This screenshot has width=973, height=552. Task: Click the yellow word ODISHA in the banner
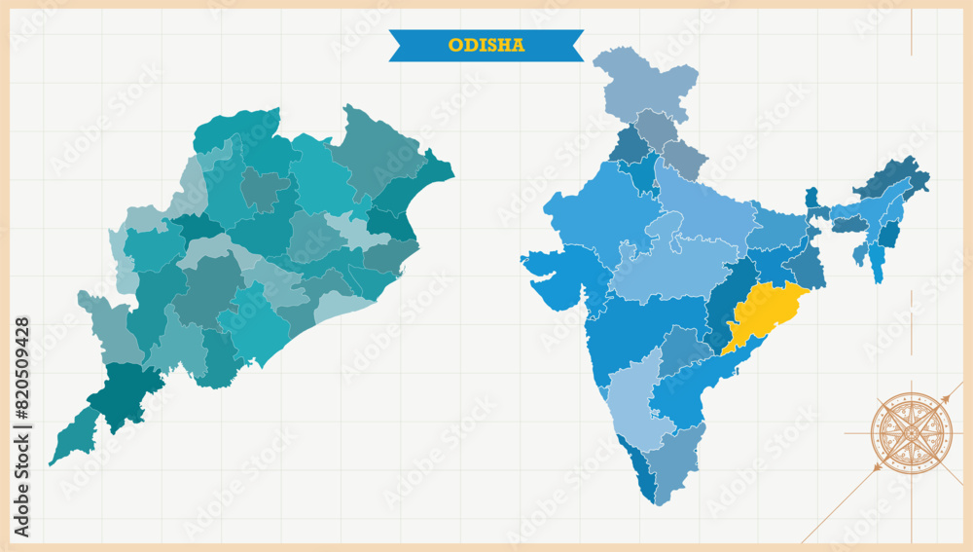(x=486, y=45)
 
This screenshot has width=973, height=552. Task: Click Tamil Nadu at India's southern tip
(x=671, y=462)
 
